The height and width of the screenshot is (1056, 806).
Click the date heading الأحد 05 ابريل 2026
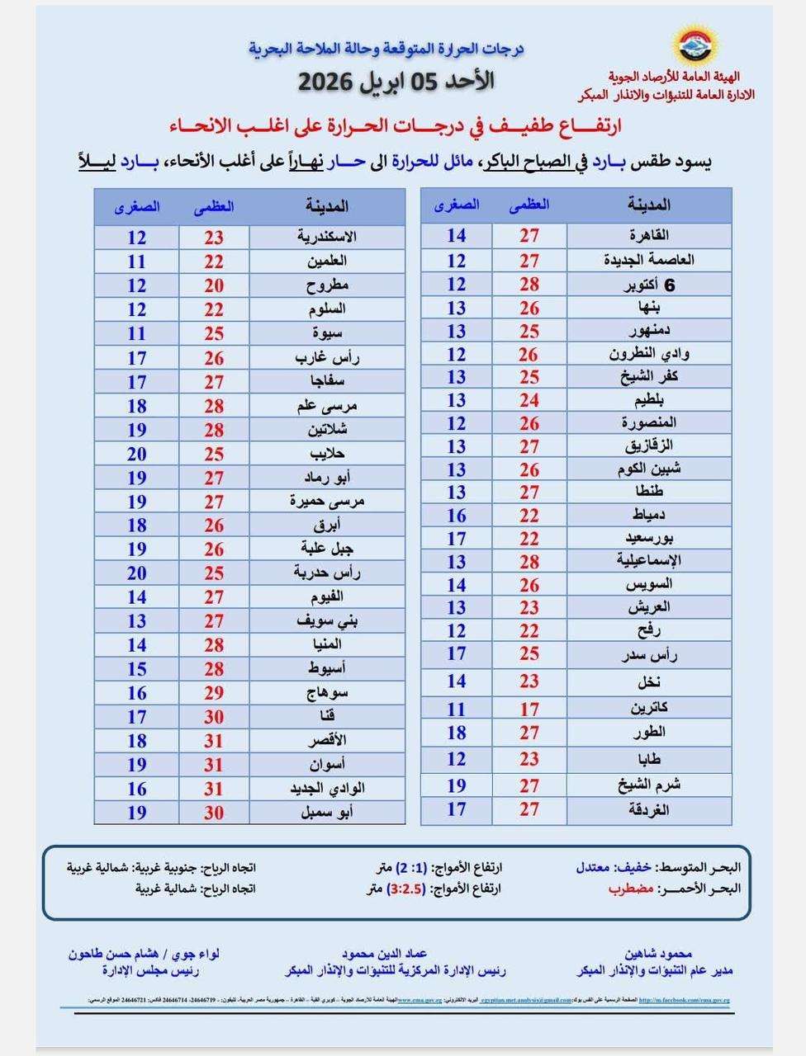[x=396, y=82]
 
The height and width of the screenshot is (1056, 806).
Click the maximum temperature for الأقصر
[x=214, y=741]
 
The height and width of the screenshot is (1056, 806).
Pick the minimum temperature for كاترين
[x=457, y=709]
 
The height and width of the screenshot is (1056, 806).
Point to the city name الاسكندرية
[x=327, y=238]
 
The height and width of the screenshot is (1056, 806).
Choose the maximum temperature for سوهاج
[x=214, y=693]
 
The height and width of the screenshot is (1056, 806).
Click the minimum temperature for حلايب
[x=137, y=454]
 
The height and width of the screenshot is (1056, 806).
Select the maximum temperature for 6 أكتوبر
[x=529, y=285]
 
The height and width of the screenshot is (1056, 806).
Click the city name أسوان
[x=327, y=765]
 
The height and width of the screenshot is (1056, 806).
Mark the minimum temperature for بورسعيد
[x=457, y=539]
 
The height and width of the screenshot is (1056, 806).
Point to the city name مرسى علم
[x=327, y=406]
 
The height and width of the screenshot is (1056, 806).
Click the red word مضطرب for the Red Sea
[x=631, y=889]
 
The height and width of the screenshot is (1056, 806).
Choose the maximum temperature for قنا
[x=214, y=717]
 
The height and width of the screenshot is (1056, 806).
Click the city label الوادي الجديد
[x=327, y=789]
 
